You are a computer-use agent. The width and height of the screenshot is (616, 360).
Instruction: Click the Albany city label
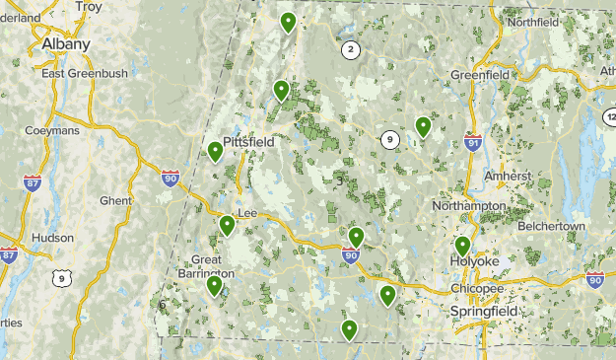coord(65,44)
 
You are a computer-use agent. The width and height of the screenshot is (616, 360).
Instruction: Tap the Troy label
coord(89,7)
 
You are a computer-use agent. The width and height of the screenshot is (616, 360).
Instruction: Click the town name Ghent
coord(115,200)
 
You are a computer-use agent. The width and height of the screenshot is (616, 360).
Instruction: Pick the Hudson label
coord(52,238)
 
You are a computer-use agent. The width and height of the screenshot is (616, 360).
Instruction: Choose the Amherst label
coord(508,176)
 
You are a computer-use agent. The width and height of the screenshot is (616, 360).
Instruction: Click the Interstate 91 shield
coord(473,143)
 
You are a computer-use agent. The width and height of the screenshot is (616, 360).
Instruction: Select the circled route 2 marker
coord(350,49)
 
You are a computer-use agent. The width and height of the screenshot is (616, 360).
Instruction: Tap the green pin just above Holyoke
coord(462,247)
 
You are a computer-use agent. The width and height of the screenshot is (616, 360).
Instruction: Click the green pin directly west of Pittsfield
coord(215,152)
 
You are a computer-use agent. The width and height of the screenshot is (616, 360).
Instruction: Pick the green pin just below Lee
coord(228,226)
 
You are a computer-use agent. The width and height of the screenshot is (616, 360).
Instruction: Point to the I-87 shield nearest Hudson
coord(9,256)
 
